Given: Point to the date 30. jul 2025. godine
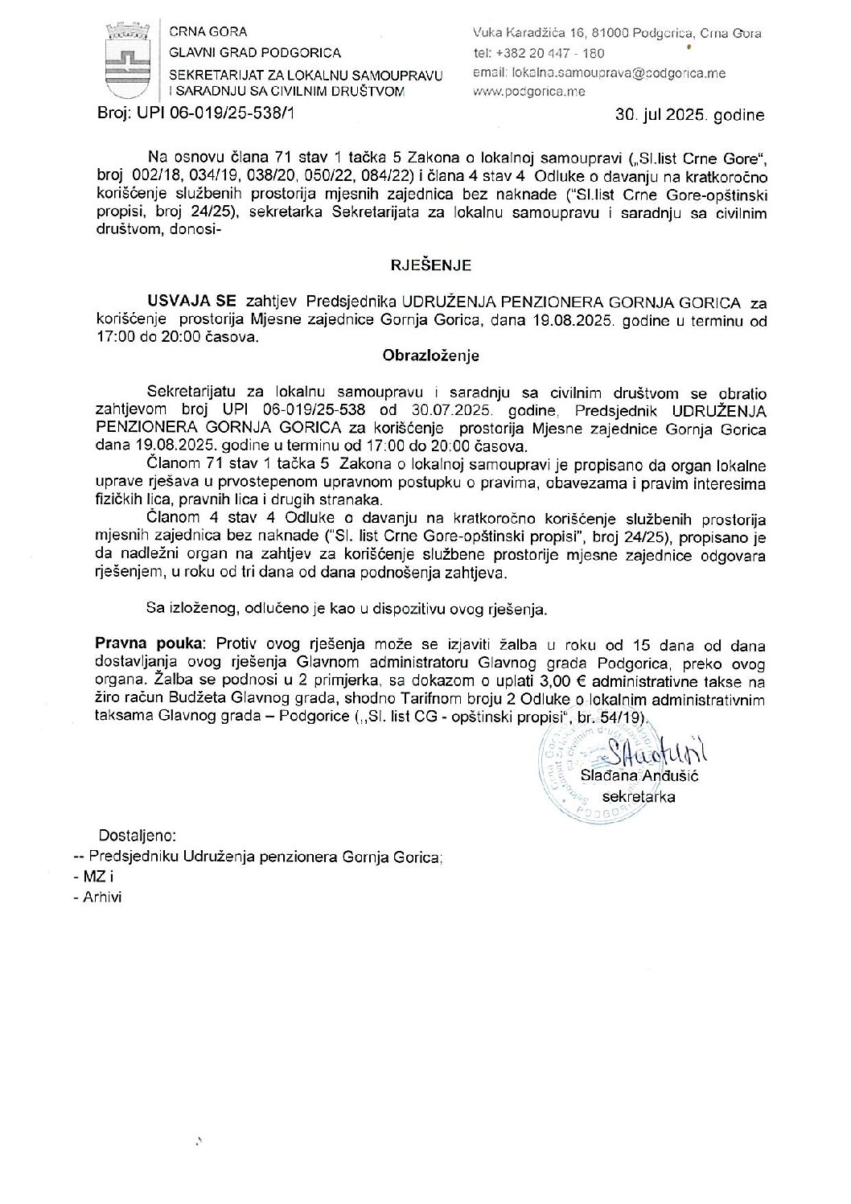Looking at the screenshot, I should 689,115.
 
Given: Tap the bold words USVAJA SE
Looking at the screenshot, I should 191,302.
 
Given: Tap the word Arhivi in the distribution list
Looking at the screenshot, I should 101,897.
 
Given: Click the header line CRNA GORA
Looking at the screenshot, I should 208,32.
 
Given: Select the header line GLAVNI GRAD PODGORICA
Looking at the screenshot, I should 254,53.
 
